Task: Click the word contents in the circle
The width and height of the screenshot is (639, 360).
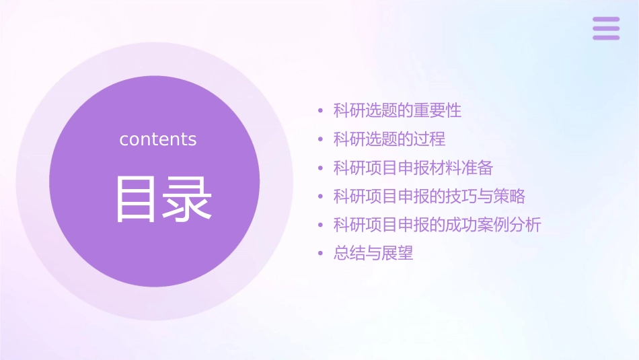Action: [158, 139]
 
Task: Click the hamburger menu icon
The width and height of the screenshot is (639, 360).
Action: [606, 28]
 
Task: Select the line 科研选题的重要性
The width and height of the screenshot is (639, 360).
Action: [398, 110]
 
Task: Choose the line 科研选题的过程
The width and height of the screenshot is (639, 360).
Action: [389, 139]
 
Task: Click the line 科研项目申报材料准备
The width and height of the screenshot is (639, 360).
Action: [413, 168]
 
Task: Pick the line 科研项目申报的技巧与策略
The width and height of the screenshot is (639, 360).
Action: [429, 196]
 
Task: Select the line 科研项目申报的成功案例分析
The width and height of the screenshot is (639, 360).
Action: [437, 225]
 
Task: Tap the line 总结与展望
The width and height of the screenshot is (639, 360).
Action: [373, 254]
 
